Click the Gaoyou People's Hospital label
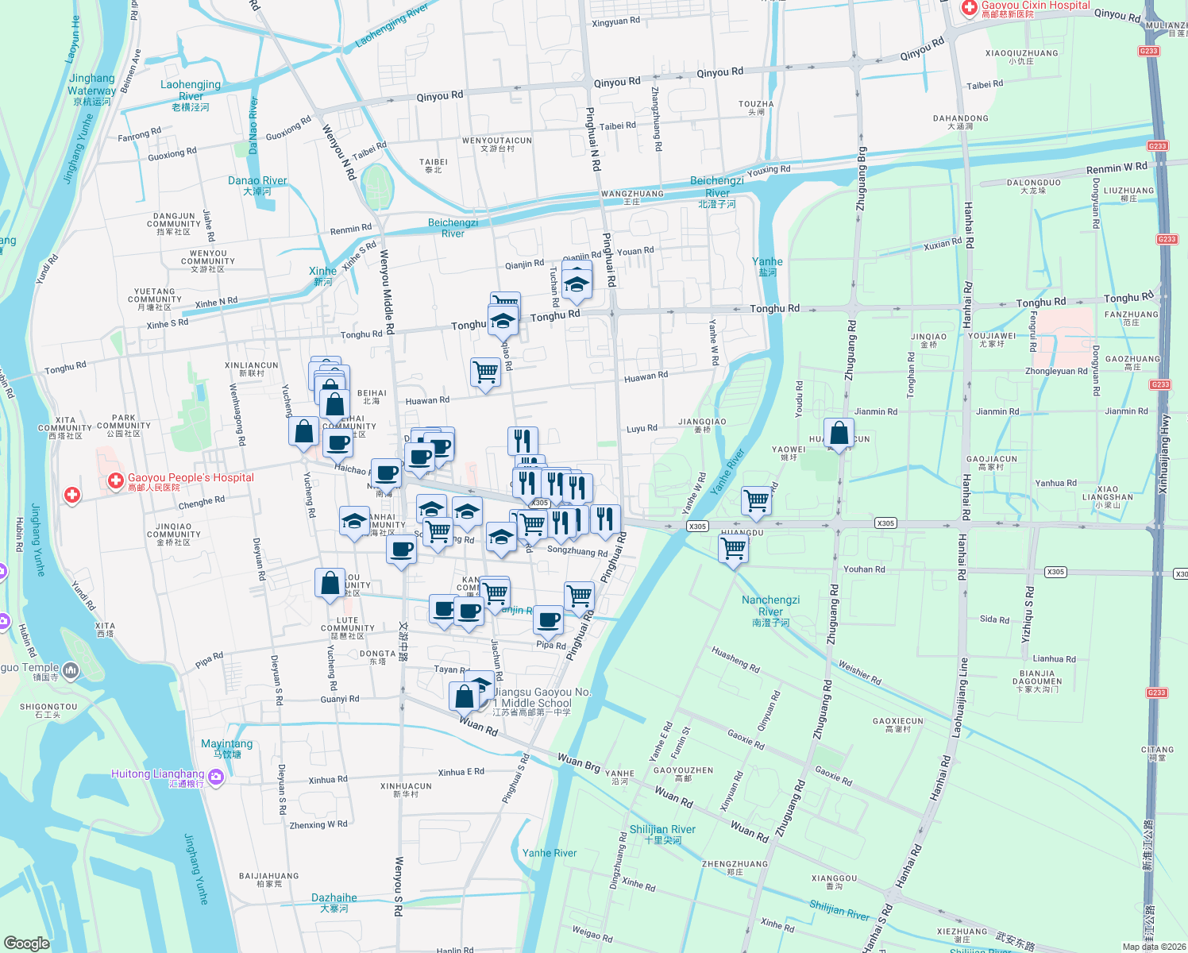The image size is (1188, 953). (x=191, y=478)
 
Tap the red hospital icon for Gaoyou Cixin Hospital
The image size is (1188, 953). (x=969, y=8)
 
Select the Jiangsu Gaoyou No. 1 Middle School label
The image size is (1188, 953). (x=542, y=698)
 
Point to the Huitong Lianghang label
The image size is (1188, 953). (x=158, y=774)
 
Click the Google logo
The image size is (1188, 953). (x=26, y=943)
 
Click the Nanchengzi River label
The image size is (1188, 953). (x=770, y=606)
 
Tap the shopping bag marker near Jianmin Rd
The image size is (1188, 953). (x=839, y=434)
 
